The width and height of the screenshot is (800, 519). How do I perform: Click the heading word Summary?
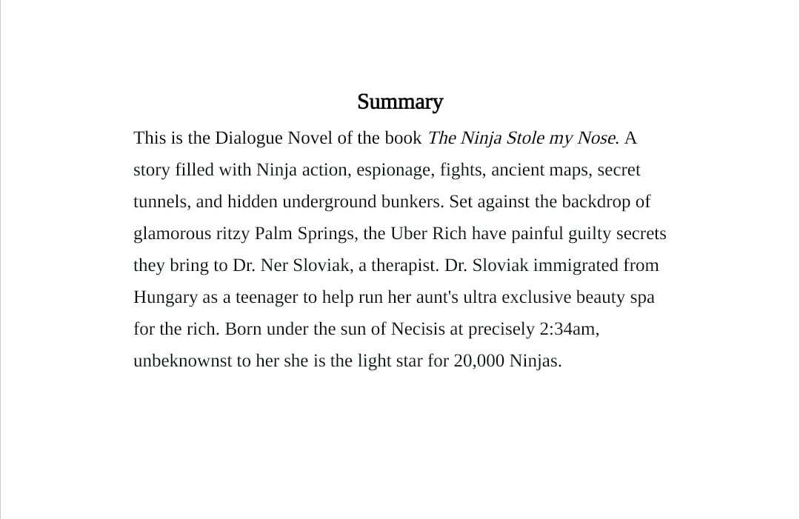click(x=400, y=101)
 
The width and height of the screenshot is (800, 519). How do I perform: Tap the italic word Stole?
click(x=525, y=138)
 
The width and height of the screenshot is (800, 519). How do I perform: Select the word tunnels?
click(x=160, y=202)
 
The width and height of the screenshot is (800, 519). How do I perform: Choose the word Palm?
click(x=273, y=234)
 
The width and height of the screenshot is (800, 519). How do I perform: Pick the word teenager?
click(x=265, y=298)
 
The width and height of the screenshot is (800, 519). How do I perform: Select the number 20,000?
click(x=479, y=361)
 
